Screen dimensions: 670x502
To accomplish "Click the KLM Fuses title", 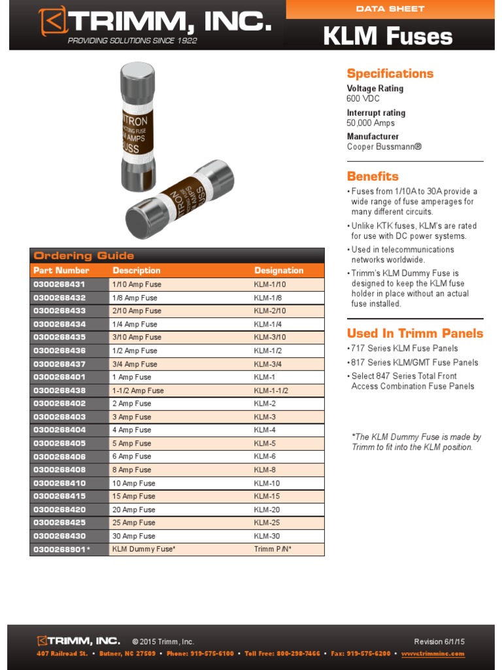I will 388,36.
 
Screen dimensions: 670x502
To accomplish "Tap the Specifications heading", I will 390,73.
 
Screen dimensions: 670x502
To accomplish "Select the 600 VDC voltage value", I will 363,99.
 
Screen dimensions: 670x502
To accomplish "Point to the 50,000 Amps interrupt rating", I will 371,123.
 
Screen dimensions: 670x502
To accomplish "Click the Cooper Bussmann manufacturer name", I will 384,147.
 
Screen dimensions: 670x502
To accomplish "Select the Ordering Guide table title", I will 84,256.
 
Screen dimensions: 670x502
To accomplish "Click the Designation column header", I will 278,270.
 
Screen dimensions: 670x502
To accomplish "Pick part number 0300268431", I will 59,285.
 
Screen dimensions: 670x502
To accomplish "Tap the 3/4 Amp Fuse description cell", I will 135,364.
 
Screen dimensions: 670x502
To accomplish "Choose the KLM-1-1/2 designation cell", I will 271,391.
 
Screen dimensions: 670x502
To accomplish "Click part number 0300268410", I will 59,483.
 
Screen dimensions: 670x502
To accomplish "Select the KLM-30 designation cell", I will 267,536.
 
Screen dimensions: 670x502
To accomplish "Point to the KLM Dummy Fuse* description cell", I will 144,549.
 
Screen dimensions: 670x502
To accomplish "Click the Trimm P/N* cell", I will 273,549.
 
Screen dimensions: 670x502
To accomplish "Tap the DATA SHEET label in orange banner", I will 390,9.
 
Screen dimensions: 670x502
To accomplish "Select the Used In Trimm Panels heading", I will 414,333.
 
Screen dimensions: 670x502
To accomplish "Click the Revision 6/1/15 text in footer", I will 439,641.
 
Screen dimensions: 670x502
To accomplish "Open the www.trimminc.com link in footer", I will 433,654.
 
